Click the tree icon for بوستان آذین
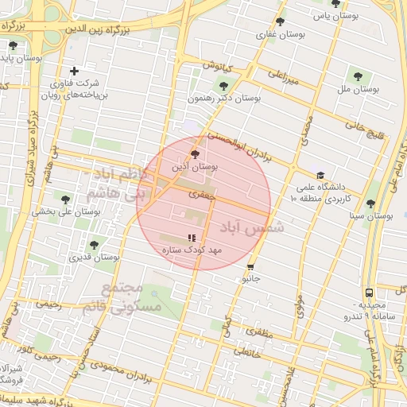coord(196,154)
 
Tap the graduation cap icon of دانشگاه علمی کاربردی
coord(320,176)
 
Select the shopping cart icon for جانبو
coord(251,266)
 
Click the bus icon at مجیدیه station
coord(369,293)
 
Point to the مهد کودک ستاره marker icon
coord(191,238)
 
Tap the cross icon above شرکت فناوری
coord(74,71)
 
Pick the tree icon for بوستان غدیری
coord(94,245)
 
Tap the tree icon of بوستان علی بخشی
coord(66,200)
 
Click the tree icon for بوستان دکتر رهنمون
coord(223,85)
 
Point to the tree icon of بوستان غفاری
coord(280,22)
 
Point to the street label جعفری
coord(198,193)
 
